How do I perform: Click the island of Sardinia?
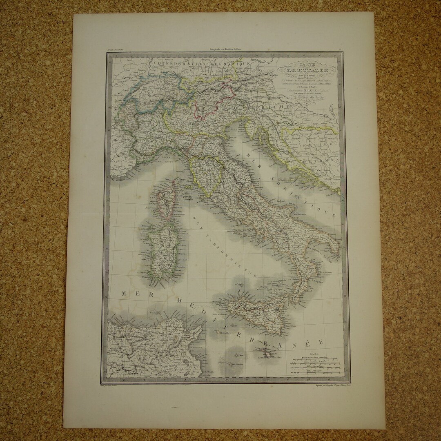point(157,249)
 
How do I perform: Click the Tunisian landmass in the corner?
point(151,347)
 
